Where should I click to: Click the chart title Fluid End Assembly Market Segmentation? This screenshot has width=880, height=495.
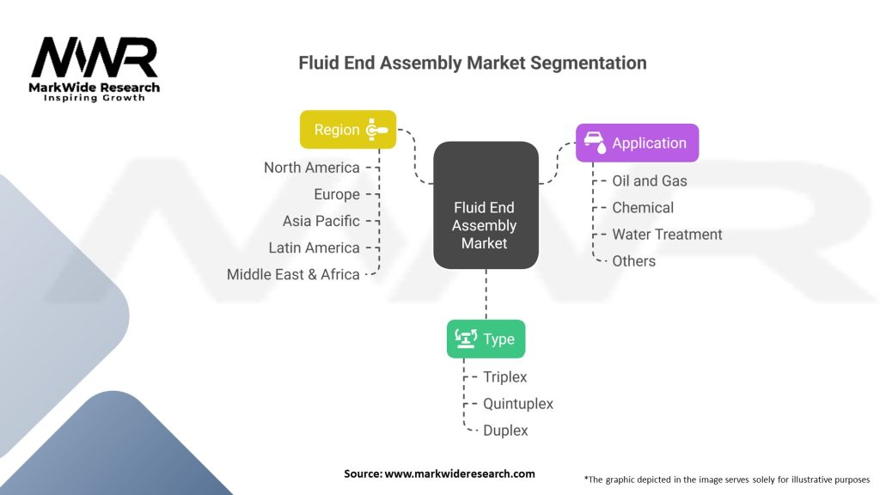coord(472,63)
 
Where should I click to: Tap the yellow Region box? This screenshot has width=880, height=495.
coord(347,130)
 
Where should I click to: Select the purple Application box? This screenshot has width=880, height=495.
coord(637,143)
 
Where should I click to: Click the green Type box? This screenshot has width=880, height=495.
coord(486,339)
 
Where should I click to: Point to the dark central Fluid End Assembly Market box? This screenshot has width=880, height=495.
coord(485,225)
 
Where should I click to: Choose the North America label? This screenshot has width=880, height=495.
coord(311,168)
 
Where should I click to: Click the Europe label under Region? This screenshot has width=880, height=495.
coord(337,194)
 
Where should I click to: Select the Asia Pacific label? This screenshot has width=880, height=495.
coord(321,221)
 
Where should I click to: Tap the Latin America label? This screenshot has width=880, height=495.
coord(314,247)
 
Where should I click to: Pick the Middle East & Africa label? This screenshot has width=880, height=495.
coord(293,274)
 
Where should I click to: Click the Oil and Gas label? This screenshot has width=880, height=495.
coord(649,180)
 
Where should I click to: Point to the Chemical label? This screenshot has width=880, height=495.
coord(642,207)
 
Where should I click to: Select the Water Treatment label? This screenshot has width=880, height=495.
coord(667,234)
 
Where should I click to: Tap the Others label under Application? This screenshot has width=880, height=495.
coord(633,260)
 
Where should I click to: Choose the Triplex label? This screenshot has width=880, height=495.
coord(504,376)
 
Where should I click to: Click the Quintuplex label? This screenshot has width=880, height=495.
coord(517,403)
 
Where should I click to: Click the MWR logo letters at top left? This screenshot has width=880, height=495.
coord(95,58)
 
